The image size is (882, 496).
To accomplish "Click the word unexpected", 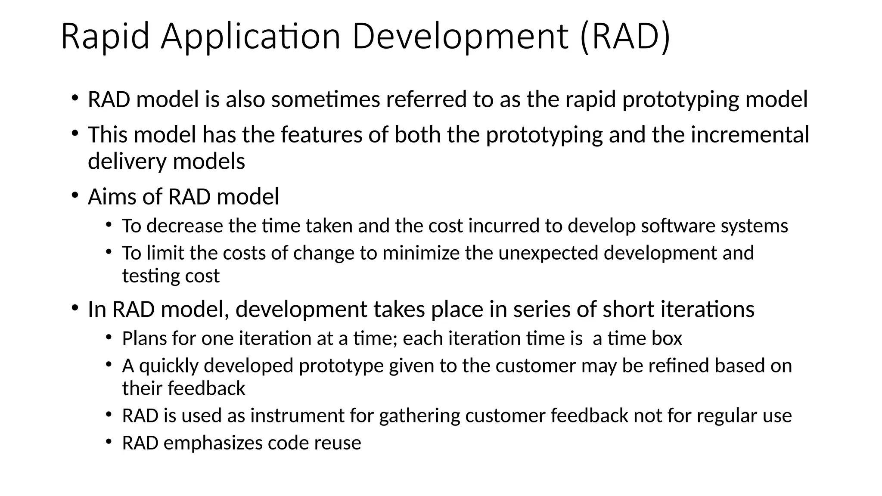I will coord(548,253).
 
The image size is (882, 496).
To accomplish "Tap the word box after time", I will coord(667,339).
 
